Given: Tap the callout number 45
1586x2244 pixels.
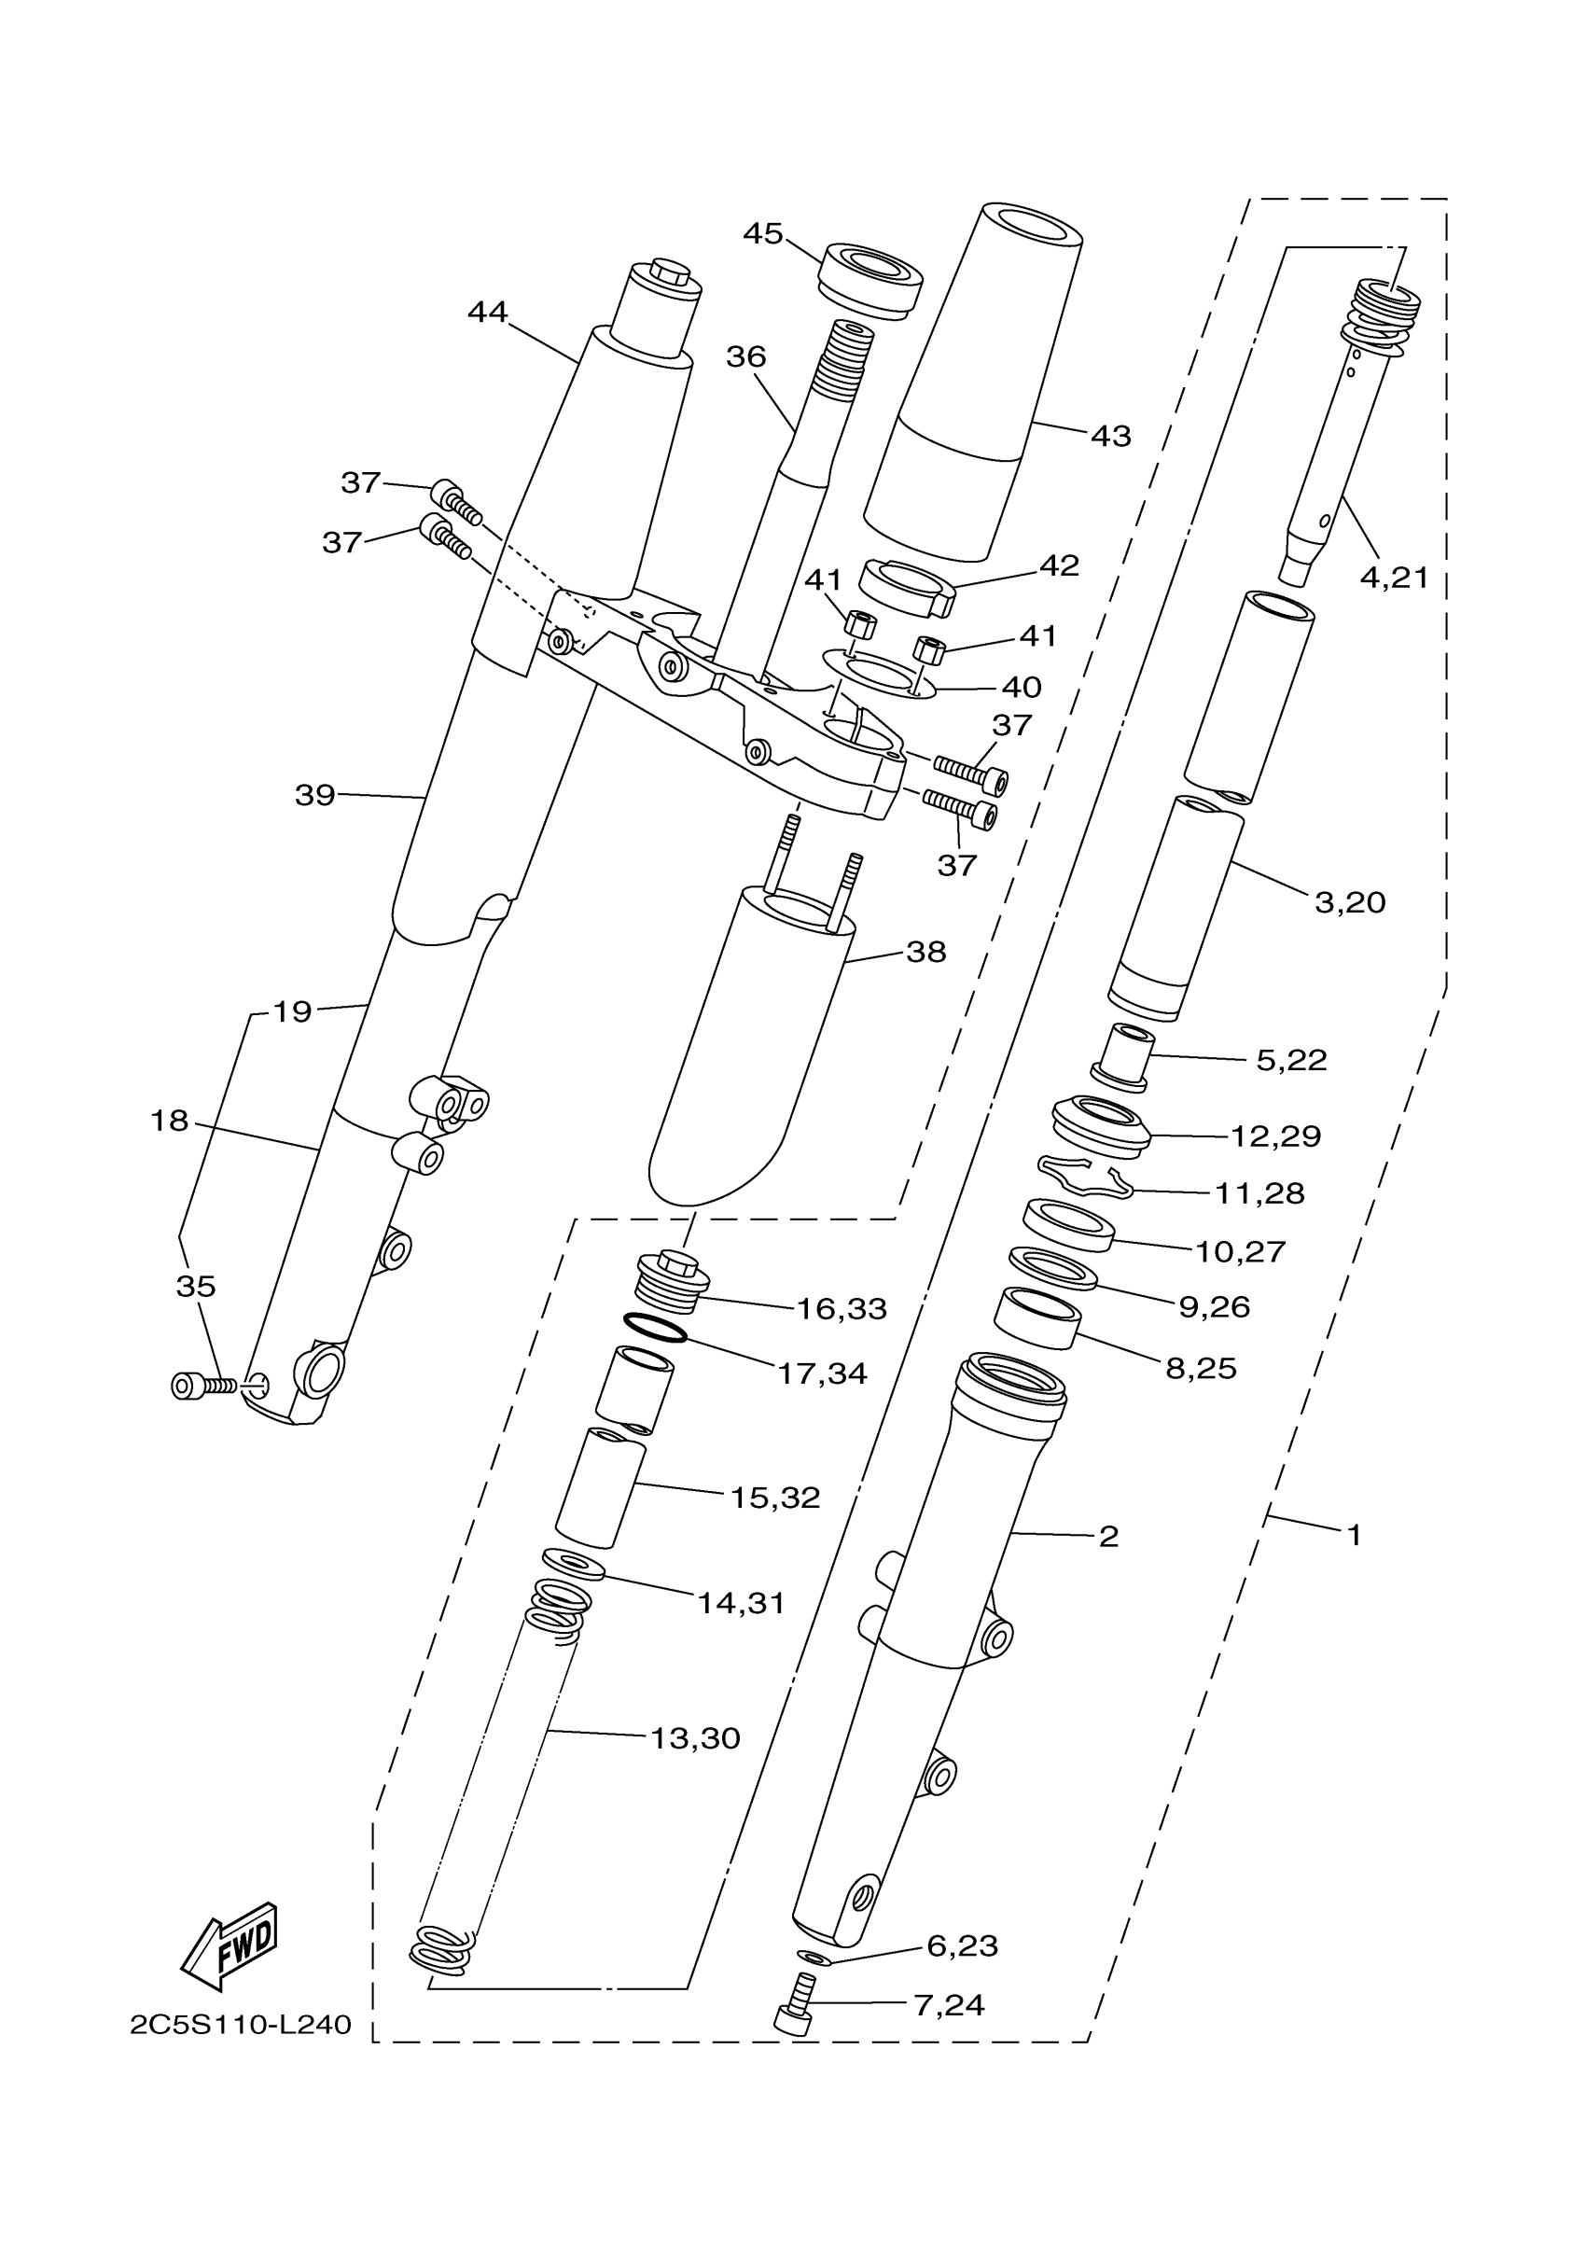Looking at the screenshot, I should click(x=763, y=233).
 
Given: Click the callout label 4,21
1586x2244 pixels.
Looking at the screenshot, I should click(x=1395, y=578).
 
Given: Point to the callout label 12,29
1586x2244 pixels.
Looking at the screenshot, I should click(x=1275, y=1136).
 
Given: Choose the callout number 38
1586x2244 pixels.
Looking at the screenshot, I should click(x=925, y=951).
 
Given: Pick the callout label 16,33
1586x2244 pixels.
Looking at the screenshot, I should click(x=842, y=1309).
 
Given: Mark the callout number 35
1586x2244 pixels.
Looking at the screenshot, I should click(x=195, y=1286).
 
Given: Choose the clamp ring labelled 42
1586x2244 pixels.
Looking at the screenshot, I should click(x=906, y=589).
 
